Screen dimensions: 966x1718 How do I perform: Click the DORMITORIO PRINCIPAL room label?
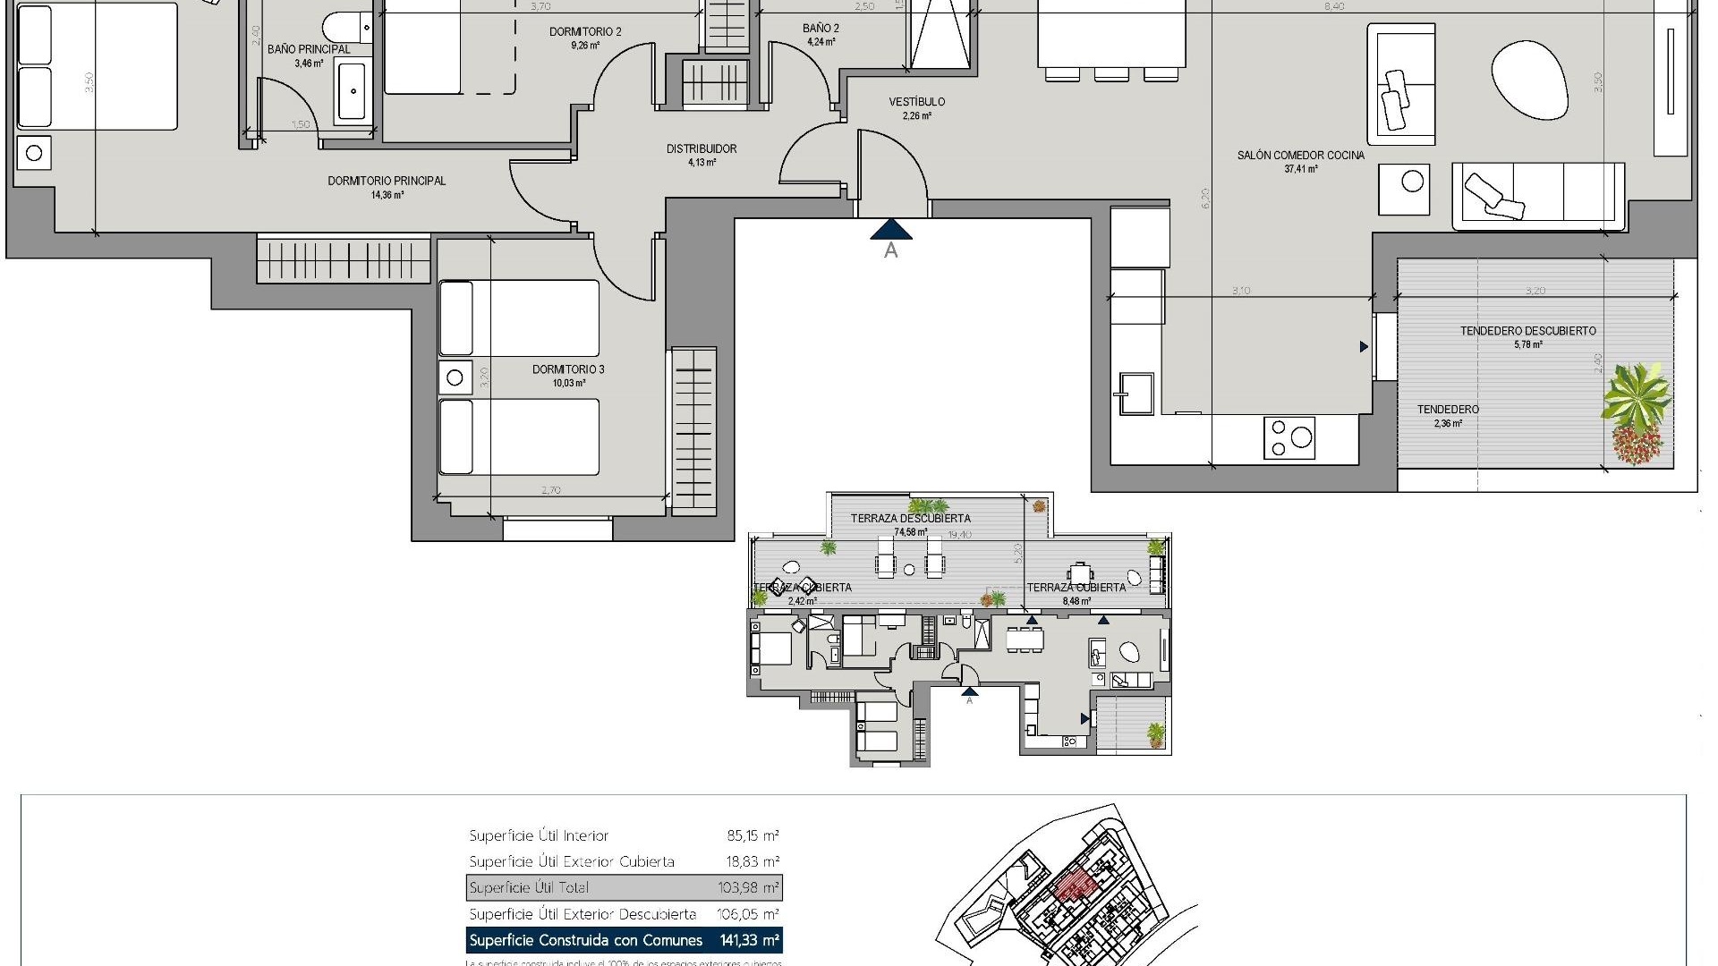[387, 181]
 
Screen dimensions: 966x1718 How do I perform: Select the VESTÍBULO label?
[916, 102]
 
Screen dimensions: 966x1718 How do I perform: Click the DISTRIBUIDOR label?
[701, 149]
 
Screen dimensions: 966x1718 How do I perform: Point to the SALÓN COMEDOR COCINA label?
[1300, 156]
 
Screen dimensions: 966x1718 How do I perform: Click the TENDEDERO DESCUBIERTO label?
[1527, 331]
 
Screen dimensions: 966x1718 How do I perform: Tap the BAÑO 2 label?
[821, 29]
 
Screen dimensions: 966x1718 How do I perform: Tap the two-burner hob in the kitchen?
[1289, 438]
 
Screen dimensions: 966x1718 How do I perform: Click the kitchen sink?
[1134, 394]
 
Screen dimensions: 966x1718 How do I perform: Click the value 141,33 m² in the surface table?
[749, 940]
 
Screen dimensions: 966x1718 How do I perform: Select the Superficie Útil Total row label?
[529, 888]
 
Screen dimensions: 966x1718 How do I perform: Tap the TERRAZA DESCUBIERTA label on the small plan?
[910, 518]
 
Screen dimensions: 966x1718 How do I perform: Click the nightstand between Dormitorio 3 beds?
[455, 377]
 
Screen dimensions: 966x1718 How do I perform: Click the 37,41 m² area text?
[1300, 169]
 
